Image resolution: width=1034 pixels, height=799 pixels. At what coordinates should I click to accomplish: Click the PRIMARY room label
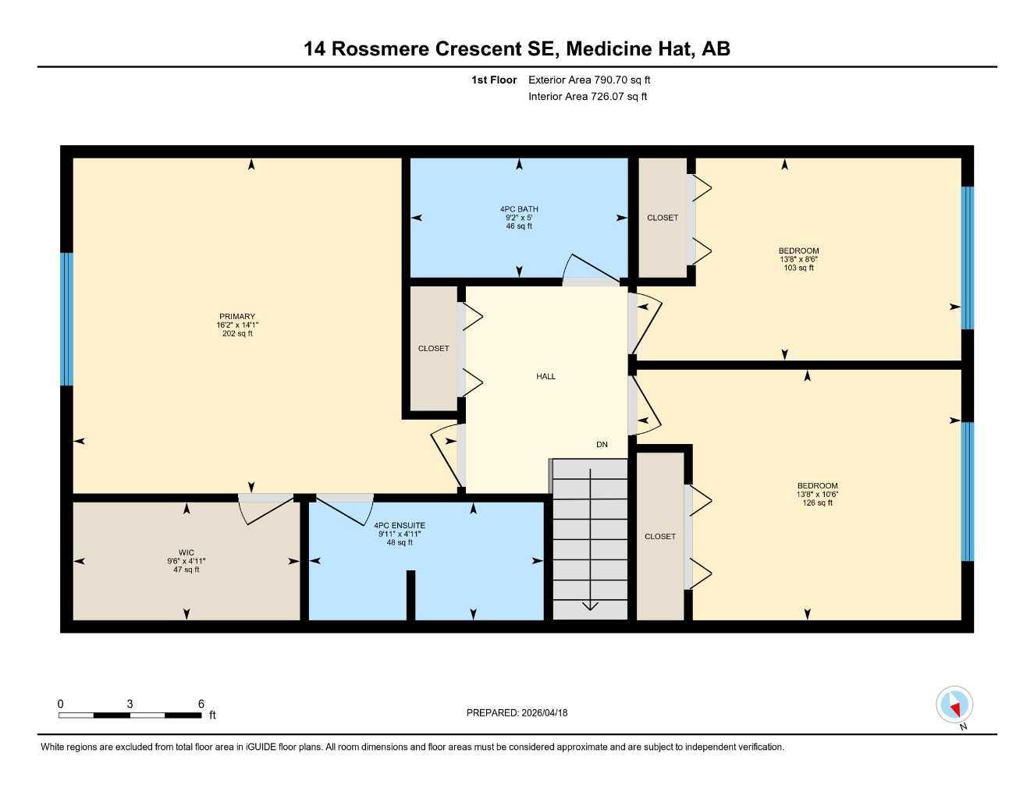(x=236, y=317)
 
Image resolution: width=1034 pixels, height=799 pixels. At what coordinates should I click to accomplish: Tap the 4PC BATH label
(x=519, y=209)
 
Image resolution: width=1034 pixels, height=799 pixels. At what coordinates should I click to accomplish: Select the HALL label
(x=545, y=376)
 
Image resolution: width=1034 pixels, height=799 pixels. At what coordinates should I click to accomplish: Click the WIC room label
(x=186, y=552)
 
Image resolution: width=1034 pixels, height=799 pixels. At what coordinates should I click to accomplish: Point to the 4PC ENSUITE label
(x=400, y=525)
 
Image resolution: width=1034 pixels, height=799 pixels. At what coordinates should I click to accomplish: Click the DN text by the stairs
(x=602, y=445)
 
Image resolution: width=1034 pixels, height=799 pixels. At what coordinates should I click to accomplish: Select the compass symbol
(x=954, y=705)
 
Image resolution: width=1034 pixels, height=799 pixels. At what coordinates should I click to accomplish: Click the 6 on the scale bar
(x=201, y=704)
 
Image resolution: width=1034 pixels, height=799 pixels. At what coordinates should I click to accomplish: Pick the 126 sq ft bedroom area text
(x=817, y=503)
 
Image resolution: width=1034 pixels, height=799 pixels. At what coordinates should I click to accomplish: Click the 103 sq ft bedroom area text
(x=798, y=268)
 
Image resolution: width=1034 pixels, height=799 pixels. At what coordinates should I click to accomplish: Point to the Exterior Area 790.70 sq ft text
(x=589, y=80)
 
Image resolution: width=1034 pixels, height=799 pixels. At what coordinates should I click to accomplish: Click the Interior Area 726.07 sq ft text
(x=588, y=97)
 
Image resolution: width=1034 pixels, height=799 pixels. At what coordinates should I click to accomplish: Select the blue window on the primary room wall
(x=66, y=319)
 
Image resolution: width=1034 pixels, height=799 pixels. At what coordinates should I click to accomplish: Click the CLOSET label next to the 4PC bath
(x=663, y=218)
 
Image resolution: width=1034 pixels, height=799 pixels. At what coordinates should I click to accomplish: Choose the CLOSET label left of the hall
(x=433, y=349)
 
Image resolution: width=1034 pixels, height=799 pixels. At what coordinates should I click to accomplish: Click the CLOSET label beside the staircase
(x=660, y=536)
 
